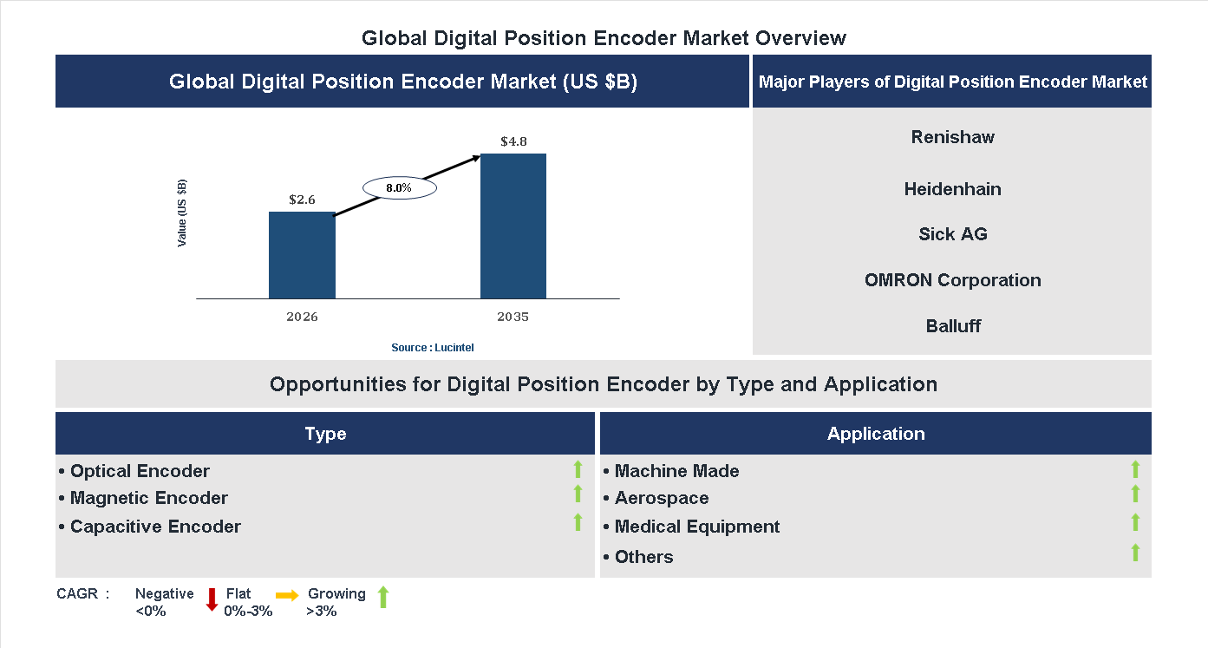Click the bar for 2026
pyautogui.click(x=302, y=256)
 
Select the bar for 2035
pyautogui.click(x=513, y=226)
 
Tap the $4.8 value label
pyautogui.click(x=513, y=141)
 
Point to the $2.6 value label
pyautogui.click(x=302, y=200)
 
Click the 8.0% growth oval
pyautogui.click(x=399, y=187)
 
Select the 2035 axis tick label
pyautogui.click(x=513, y=317)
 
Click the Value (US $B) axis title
pyautogui.click(x=182, y=213)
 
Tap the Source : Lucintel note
pyautogui.click(x=433, y=347)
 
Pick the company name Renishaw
pyautogui.click(x=952, y=137)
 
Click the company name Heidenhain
pyautogui.click(x=952, y=189)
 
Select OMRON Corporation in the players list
pyautogui.click(x=952, y=280)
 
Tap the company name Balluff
pyautogui.click(x=952, y=326)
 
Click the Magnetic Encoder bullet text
pyautogui.click(x=148, y=498)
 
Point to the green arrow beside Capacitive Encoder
pyautogui.click(x=578, y=522)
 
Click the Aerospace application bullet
pyautogui.click(x=661, y=498)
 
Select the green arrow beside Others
pyautogui.click(x=1135, y=553)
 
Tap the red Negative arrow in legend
pyautogui.click(x=212, y=599)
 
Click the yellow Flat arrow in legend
pyautogui.click(x=287, y=595)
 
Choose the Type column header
pyautogui.click(x=325, y=434)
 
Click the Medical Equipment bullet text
pyautogui.click(x=696, y=527)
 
